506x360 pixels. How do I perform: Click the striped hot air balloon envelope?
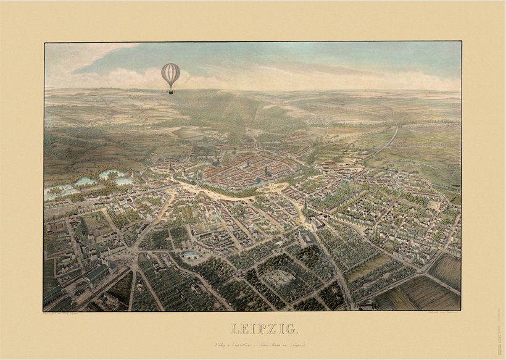tap(170, 74)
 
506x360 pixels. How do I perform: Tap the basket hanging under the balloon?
tap(170, 91)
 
